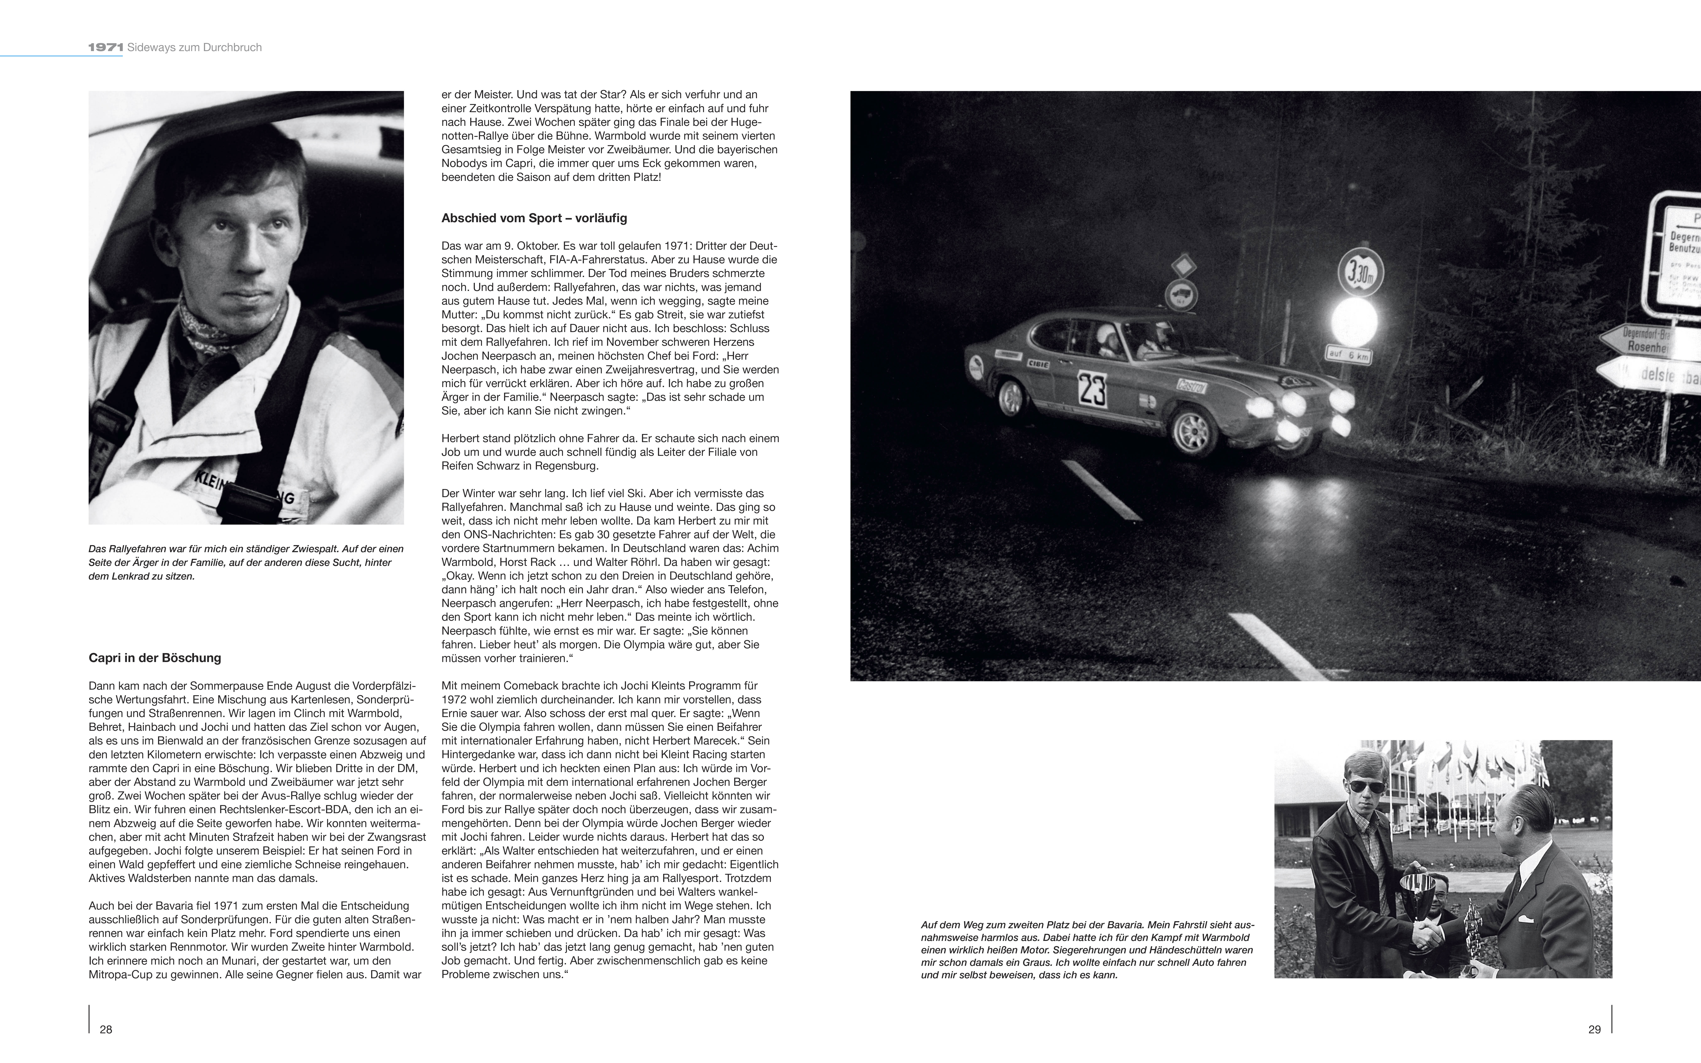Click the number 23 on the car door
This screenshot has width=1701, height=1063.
pyautogui.click(x=1092, y=389)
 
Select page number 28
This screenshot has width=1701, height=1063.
pyautogui.click(x=106, y=1029)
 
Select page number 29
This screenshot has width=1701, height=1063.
pyautogui.click(x=1594, y=1029)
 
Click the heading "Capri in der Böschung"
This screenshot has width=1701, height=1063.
pyautogui.click(x=155, y=658)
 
